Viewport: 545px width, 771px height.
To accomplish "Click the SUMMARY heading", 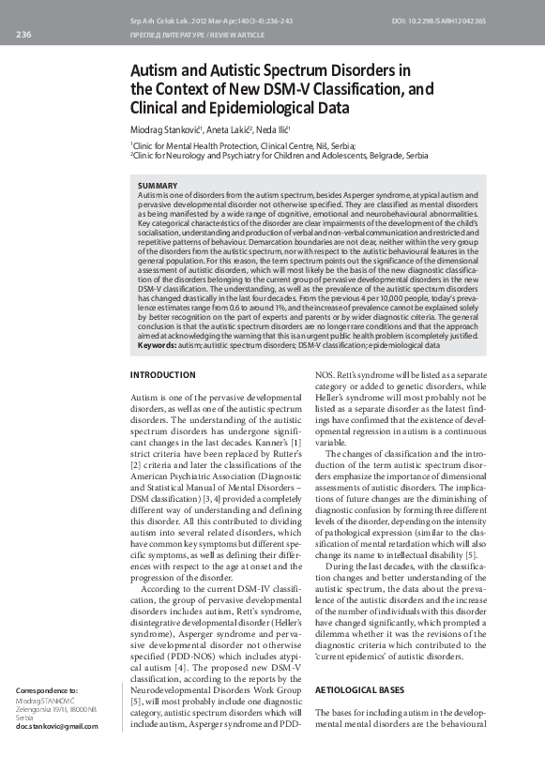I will [159, 187].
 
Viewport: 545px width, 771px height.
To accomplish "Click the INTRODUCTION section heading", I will [162, 375].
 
